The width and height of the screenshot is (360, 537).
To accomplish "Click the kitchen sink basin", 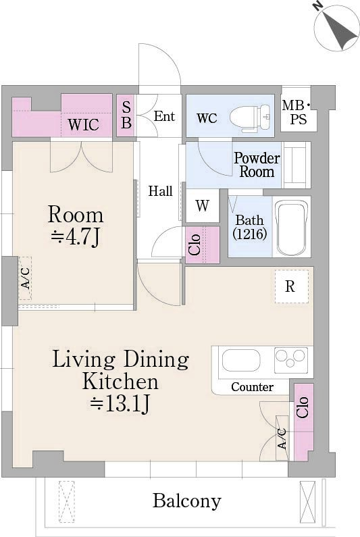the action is point(241,360).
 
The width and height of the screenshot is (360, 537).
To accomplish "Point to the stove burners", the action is point(291,360).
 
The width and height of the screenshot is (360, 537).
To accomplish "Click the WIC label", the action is point(83,124).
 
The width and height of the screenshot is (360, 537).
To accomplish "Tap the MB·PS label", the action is point(297,113).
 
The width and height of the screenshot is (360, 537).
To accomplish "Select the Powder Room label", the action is point(257,165).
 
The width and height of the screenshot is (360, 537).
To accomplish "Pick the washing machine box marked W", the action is point(203,205).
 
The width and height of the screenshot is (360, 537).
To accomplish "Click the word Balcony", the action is point(186,501).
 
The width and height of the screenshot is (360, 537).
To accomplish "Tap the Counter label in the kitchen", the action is point(252,387).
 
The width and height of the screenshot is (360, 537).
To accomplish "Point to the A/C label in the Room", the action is point(25,278).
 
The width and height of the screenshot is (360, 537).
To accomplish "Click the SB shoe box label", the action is point(126,116).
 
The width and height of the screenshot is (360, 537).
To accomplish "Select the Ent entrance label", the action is point(164,116).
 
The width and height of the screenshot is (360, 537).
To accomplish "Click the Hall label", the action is point(160,190).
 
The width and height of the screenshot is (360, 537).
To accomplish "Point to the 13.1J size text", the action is point(120,403).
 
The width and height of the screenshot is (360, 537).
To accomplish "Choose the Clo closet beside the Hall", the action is point(203,245).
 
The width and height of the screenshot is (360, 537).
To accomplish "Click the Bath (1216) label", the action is point(250,227).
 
